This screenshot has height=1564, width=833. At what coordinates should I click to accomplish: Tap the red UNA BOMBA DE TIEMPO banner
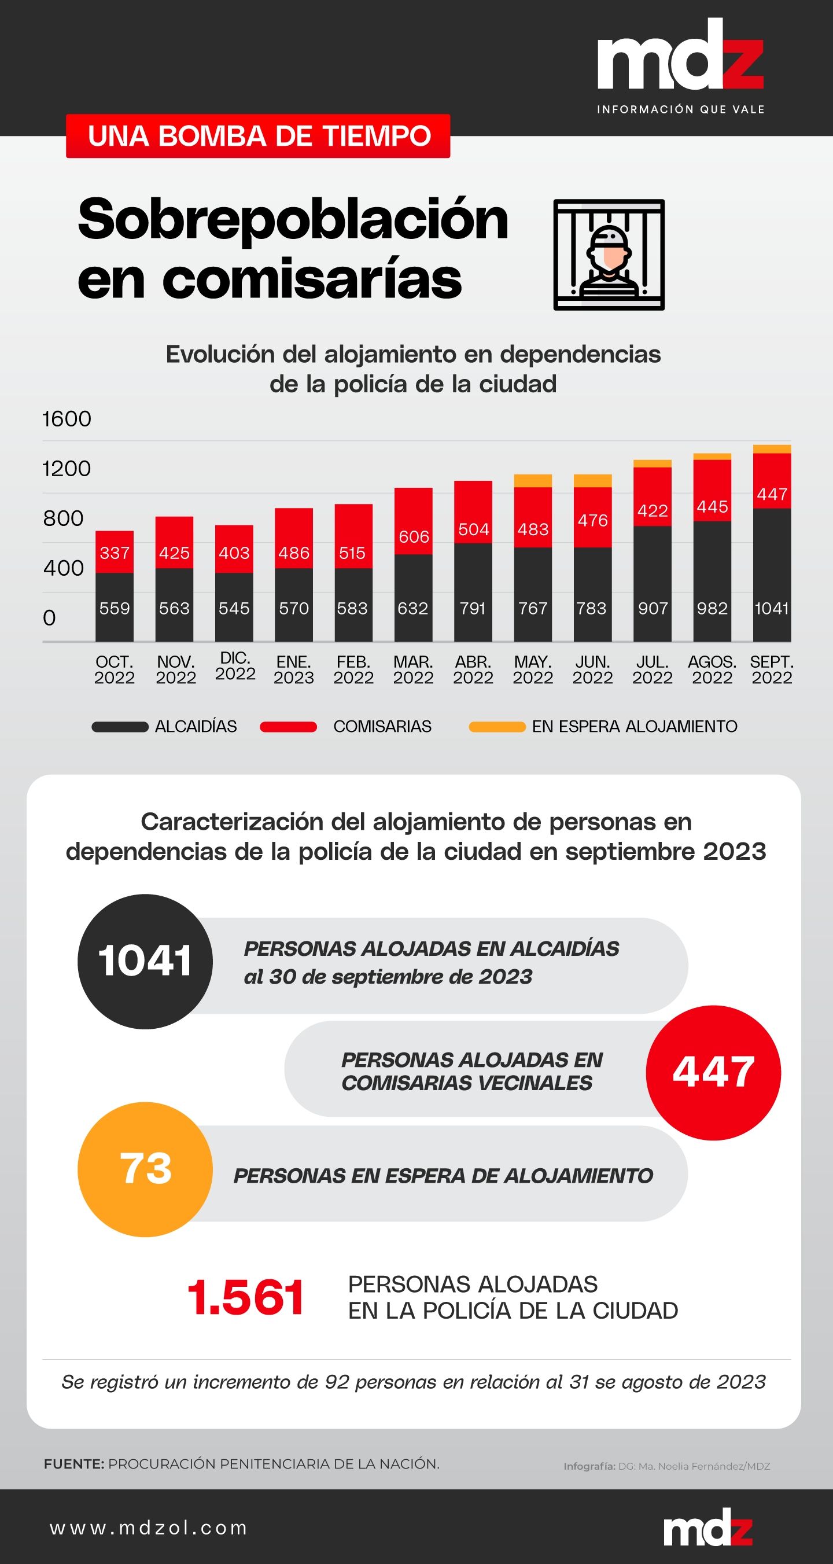pyautogui.click(x=258, y=136)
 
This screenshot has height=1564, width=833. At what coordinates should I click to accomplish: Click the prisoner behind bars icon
pyautogui.click(x=609, y=255)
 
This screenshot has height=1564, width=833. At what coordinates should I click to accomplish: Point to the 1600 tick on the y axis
pyautogui.click(x=67, y=419)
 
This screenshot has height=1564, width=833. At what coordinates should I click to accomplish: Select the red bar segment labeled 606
pyautogui.click(x=414, y=521)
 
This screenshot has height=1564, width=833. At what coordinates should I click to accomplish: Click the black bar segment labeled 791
pyautogui.click(x=473, y=592)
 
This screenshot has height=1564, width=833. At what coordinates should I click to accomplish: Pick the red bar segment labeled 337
pyautogui.click(x=114, y=552)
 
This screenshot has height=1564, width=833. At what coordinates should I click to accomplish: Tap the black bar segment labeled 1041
pyautogui.click(x=772, y=575)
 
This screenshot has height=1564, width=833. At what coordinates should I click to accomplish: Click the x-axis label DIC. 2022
pyautogui.click(x=235, y=666)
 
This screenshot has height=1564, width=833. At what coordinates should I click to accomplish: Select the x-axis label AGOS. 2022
pyautogui.click(x=712, y=669)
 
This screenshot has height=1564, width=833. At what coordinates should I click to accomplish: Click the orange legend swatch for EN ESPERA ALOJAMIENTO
pyautogui.click(x=497, y=727)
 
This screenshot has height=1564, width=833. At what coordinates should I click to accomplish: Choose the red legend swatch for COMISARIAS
pyautogui.click(x=289, y=727)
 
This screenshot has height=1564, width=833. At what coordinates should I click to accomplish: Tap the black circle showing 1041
pyautogui.click(x=145, y=961)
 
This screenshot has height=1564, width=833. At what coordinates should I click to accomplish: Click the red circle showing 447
pyautogui.click(x=713, y=1072)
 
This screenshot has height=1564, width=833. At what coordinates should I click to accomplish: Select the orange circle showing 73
pyautogui.click(x=145, y=1169)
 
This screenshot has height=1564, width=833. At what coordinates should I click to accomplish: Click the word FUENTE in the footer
pyautogui.click(x=73, y=1464)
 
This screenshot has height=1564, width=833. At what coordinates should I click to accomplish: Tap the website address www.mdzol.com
pyautogui.click(x=149, y=1528)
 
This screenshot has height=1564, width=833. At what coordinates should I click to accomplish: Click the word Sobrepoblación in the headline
pyautogui.click(x=293, y=220)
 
